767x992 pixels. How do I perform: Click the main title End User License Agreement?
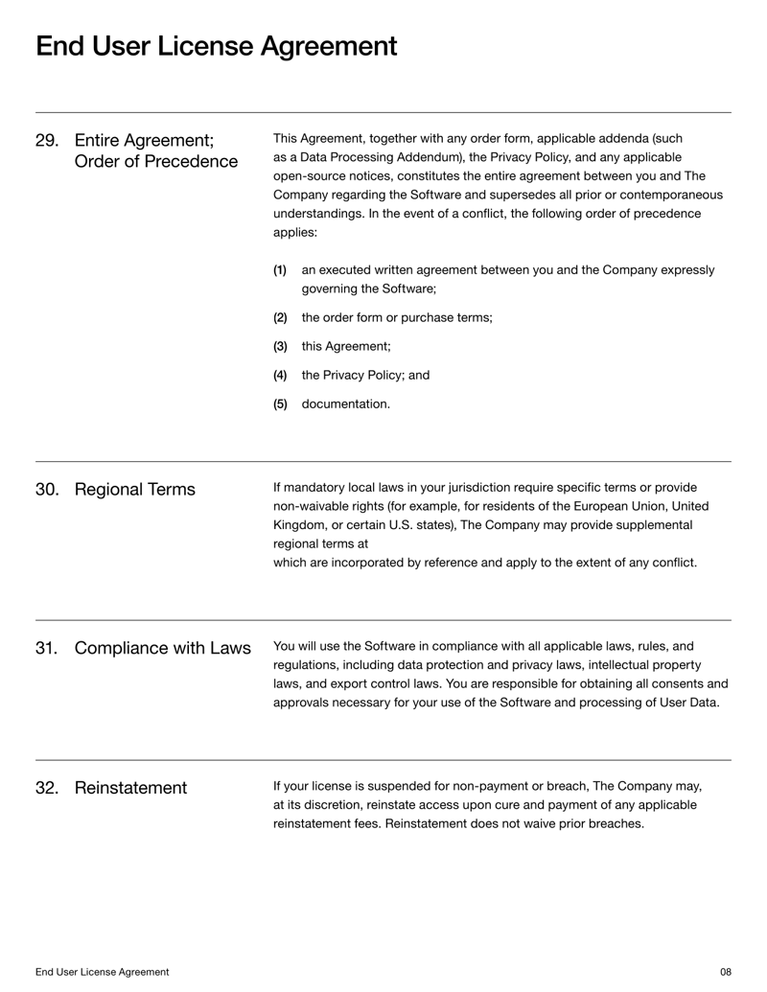coord(216,45)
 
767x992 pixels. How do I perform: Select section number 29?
coord(47,140)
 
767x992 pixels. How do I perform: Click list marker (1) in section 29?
coord(280,270)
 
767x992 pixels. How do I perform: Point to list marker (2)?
coord(280,318)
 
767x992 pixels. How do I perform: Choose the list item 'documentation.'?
coord(345,404)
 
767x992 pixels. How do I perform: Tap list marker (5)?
coord(280,404)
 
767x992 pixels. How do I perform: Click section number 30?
coord(47,490)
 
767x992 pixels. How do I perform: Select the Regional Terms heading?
coord(134,490)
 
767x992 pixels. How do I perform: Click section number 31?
coord(47,648)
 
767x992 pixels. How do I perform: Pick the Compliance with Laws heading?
coord(162,648)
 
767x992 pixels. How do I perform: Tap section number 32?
coord(47,788)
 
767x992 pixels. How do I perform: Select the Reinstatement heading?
coord(130,788)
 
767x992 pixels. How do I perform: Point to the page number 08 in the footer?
coord(725,972)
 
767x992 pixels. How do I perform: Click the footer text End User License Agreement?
coord(103,972)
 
